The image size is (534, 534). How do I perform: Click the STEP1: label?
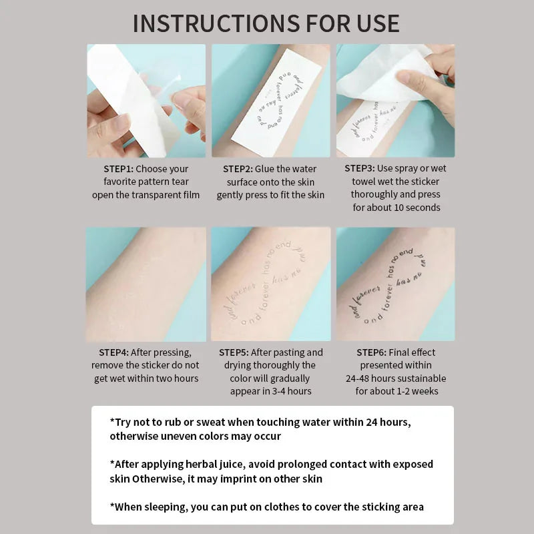118,169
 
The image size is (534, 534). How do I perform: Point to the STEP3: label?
359,168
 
